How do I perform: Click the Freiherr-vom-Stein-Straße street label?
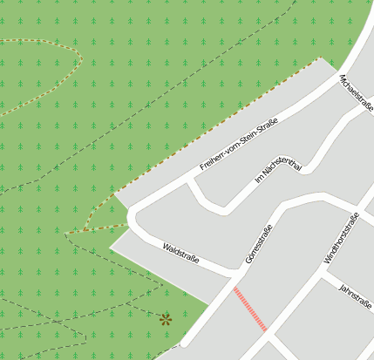click(x=238, y=142)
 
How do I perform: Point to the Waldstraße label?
click(x=181, y=254)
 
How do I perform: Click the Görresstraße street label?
click(x=259, y=243)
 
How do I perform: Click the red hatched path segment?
click(x=249, y=309)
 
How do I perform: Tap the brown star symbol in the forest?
click(x=165, y=319)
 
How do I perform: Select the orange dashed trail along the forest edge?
click(x=218, y=128)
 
